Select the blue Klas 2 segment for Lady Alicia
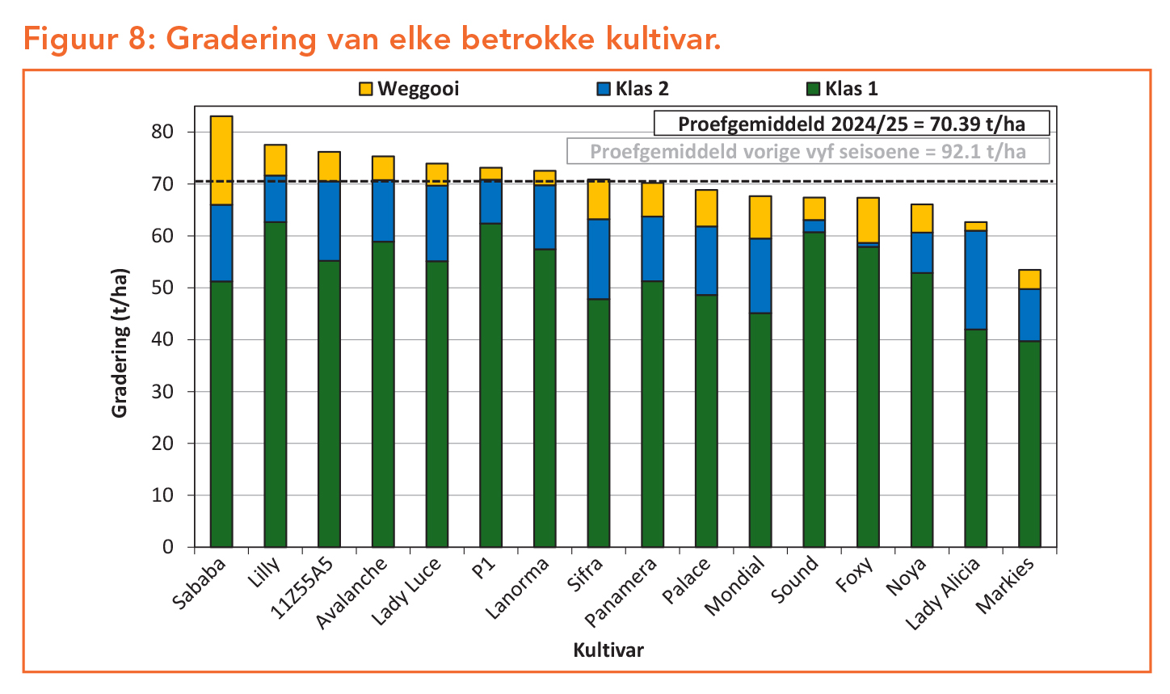[976, 280]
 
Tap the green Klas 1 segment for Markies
[1029, 444]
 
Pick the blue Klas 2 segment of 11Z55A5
[329, 221]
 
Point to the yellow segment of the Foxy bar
[868, 220]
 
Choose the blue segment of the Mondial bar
[760, 275]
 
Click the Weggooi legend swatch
[366, 89]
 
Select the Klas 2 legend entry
[633, 89]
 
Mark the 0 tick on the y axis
[168, 547]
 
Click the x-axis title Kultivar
[608, 650]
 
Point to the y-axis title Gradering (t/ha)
[120, 343]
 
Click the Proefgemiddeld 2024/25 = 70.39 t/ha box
[851, 124]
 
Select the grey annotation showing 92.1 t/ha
[808, 151]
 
